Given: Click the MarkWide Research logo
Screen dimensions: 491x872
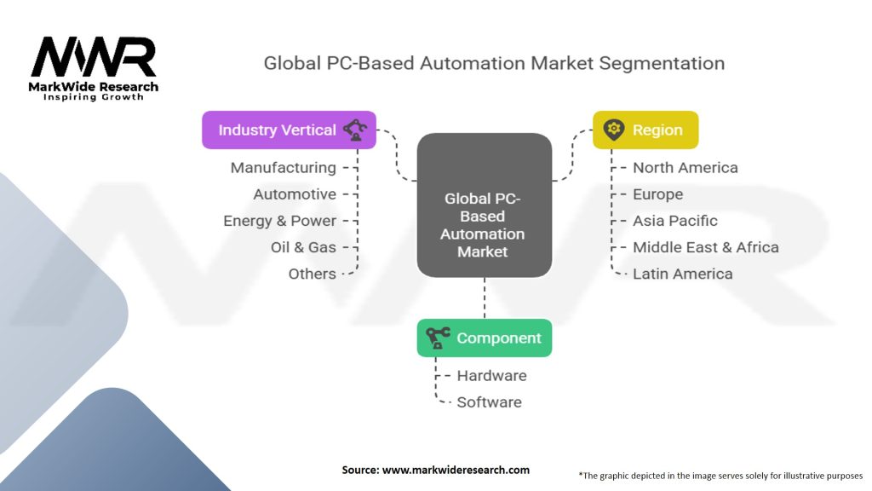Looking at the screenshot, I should pos(94,68).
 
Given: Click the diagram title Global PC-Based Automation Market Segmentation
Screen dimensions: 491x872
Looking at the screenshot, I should pos(494,63).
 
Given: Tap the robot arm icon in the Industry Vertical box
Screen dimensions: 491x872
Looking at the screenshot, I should pos(355,130).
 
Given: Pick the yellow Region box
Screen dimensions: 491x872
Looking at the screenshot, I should pos(645,130).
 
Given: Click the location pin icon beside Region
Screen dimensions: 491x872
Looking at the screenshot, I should pos(612,130).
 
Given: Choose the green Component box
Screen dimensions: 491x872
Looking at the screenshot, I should pos(485,338).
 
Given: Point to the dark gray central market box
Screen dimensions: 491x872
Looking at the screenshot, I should pos(484,205).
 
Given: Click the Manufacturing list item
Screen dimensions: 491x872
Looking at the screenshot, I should pos(284,168).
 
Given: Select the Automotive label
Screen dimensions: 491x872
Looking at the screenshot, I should pos(295,194).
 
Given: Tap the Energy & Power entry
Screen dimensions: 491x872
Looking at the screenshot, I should pos(280,221).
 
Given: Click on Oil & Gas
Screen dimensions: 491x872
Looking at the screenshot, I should pos(303,247).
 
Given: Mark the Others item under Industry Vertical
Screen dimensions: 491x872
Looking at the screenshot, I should pos(312,274).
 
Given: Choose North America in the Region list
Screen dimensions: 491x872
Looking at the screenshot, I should pos(685,168).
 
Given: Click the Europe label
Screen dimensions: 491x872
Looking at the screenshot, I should pos(657,194).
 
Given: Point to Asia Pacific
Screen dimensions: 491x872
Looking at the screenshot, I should pos(674,221).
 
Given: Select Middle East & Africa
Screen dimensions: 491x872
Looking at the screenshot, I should pos(705,247).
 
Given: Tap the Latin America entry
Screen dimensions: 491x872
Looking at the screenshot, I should pos(682,274).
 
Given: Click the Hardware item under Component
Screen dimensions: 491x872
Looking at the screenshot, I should pos(491,376).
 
